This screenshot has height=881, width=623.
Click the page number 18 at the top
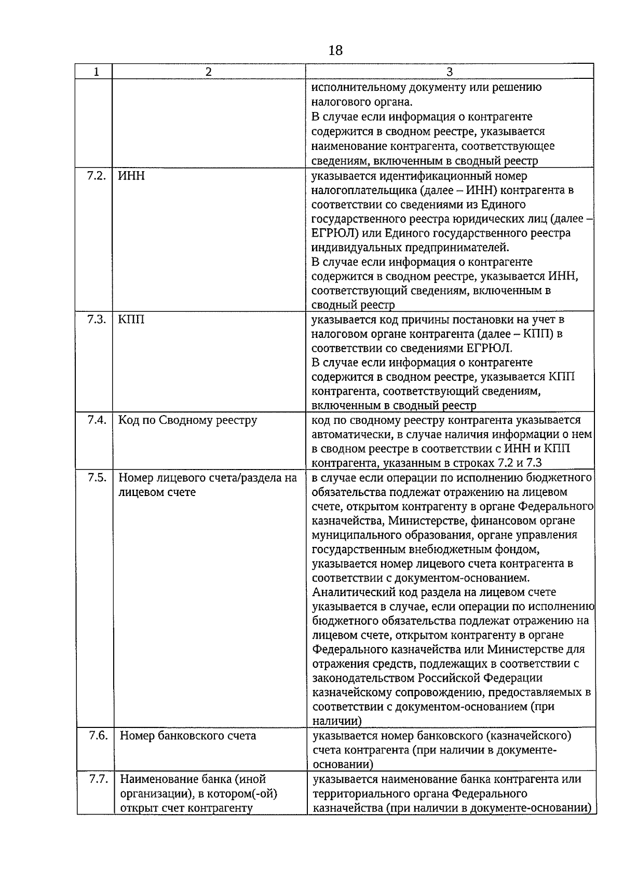coord(335,50)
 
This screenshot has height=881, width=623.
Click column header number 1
coord(96,72)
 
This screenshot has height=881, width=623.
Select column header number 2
coord(208,72)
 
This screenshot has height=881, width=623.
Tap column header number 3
coord(449,72)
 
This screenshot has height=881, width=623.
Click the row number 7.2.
coord(96,175)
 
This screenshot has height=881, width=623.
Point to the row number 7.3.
coord(96,319)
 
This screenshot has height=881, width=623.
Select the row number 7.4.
coord(96,420)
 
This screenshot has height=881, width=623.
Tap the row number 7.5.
coord(96,477)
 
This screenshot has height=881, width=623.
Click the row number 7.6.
coord(97,735)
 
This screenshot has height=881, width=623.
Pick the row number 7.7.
coord(97,779)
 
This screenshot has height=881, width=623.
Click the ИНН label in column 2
coord(131,176)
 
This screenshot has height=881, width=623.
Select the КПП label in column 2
coord(131,320)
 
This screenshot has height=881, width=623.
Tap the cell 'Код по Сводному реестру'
coord(187,420)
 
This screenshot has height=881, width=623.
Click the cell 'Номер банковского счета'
coord(187,736)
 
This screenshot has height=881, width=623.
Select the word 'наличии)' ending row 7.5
coord(337,721)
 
